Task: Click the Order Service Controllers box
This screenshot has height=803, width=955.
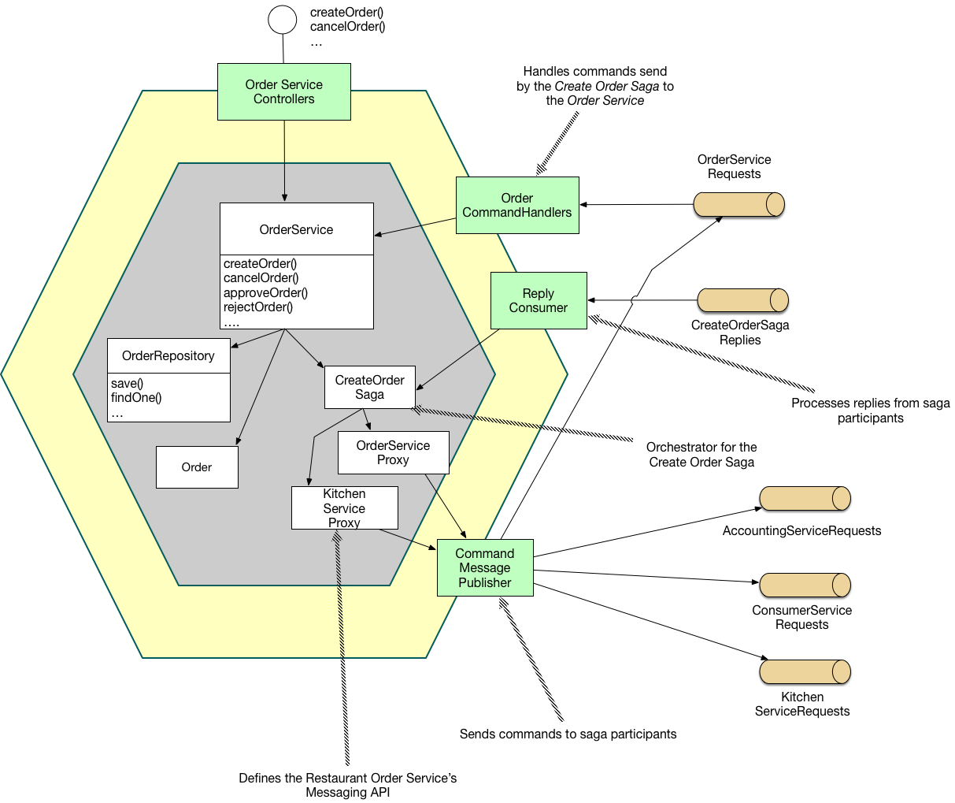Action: pos(283,92)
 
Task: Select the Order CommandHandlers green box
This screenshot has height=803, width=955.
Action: pos(517,205)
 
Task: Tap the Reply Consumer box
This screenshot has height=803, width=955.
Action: pos(538,300)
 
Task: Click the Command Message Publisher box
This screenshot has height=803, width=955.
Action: pos(485,567)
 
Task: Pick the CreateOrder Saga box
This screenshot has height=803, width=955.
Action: pos(369,387)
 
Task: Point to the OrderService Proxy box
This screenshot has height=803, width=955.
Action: pos(393,452)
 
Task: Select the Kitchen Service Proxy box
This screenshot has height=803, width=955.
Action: pos(344,507)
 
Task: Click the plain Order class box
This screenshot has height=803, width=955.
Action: pos(197,467)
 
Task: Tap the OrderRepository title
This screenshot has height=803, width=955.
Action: pos(168,356)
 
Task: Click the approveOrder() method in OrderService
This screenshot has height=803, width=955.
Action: pos(265,292)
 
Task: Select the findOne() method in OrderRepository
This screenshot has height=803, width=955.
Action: pos(136,398)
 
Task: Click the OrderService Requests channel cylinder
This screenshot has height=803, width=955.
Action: pos(738,204)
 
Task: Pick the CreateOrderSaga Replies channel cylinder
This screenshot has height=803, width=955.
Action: pos(742,300)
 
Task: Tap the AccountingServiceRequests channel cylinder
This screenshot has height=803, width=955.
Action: pos(805,498)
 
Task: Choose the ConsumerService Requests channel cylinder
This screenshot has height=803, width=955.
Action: pos(805,585)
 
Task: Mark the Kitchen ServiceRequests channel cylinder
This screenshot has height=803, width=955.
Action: pos(805,671)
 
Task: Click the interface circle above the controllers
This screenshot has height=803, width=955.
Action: pos(283,19)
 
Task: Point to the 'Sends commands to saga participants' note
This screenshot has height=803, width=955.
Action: pos(568,734)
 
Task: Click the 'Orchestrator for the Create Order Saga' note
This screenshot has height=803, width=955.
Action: pos(701,455)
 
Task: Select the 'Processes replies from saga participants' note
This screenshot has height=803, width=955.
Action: pos(870,411)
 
